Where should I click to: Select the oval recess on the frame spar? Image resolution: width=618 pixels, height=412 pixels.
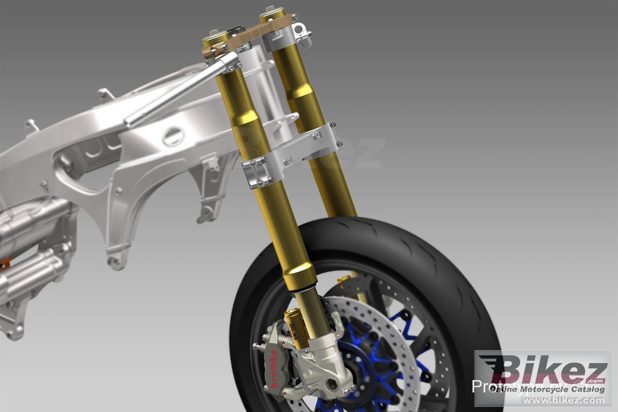point(173,136)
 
